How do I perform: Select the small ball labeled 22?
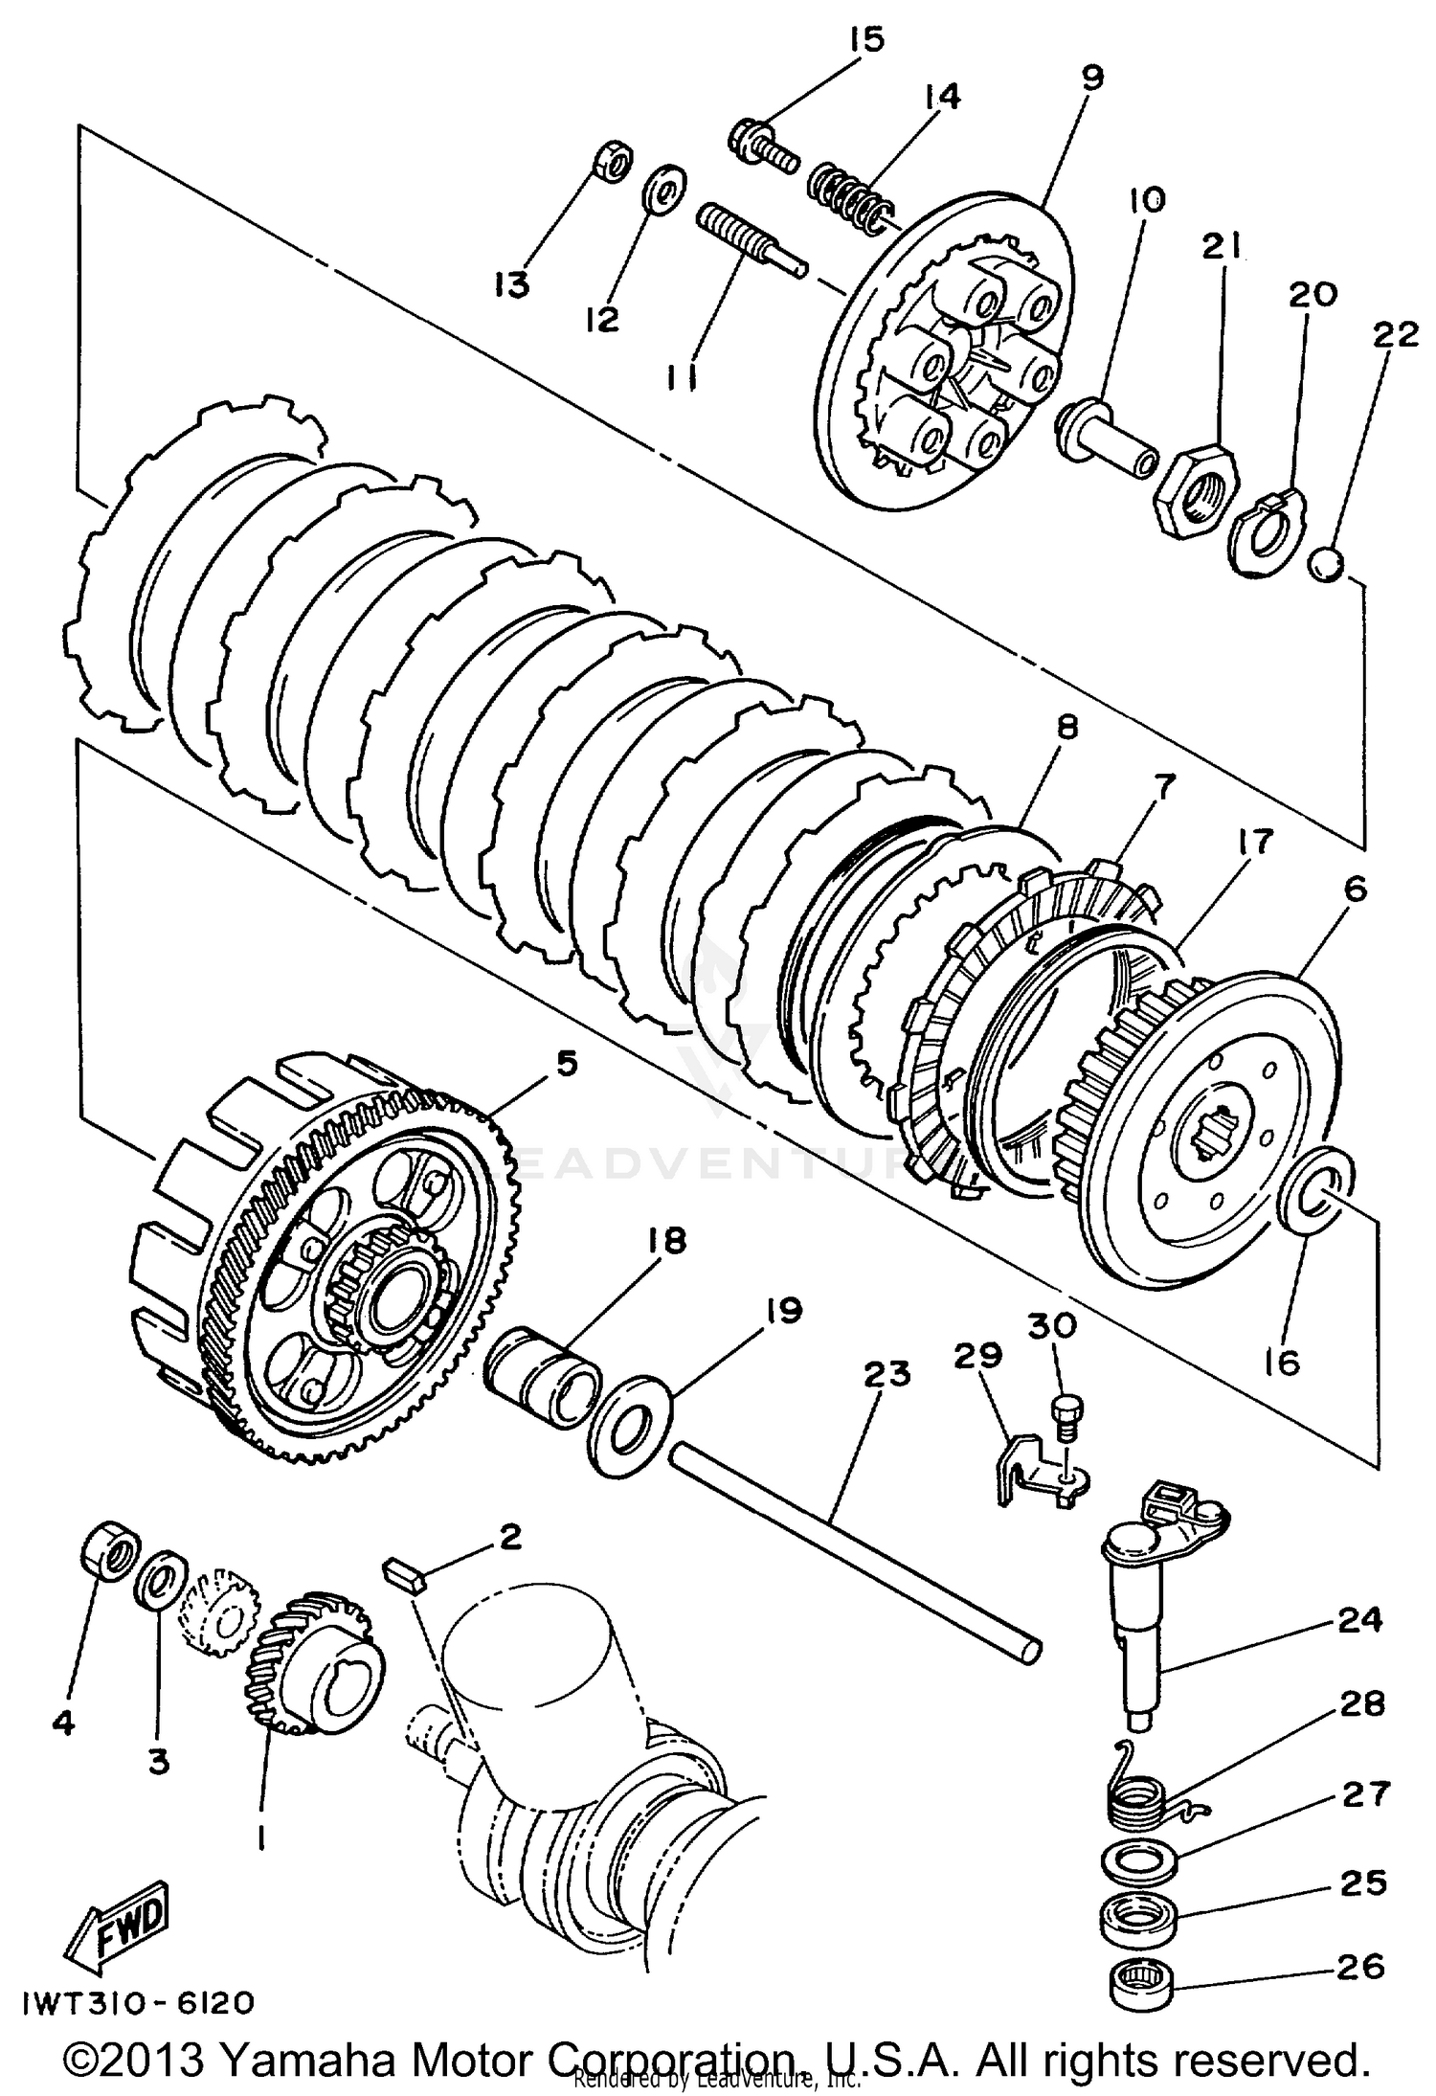[1327, 564]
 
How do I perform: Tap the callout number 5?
[567, 1064]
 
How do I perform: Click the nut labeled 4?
[108, 1545]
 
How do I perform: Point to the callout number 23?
[886, 1375]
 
